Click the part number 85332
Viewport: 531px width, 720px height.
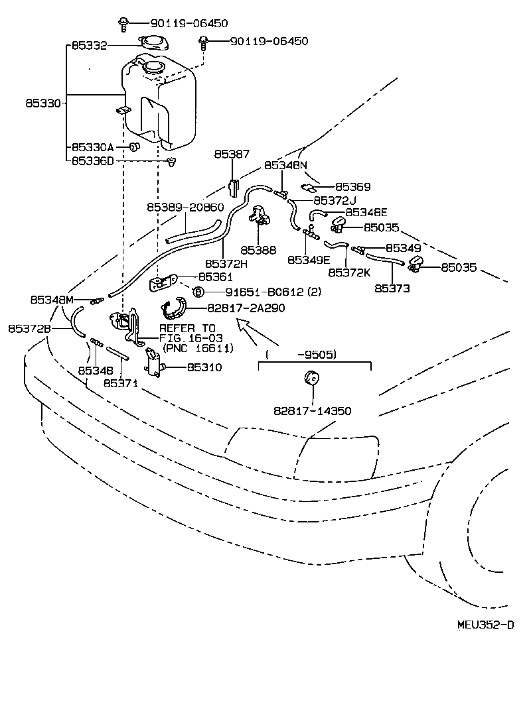pos(89,46)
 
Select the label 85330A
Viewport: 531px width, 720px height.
pos(93,147)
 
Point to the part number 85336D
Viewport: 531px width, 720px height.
pos(93,160)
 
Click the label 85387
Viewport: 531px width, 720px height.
pos(232,154)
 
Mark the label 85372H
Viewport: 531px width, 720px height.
pos(226,263)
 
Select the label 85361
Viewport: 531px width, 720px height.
pos(215,277)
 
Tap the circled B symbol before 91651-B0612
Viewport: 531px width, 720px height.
pos(197,292)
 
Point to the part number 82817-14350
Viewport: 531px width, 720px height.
pos(312,411)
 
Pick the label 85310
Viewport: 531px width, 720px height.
pos(204,367)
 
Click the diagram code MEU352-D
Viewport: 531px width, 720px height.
pos(485,625)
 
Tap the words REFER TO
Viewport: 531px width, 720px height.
pos(187,328)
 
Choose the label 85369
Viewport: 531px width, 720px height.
pos(352,188)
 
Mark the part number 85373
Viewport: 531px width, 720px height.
pos(392,288)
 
